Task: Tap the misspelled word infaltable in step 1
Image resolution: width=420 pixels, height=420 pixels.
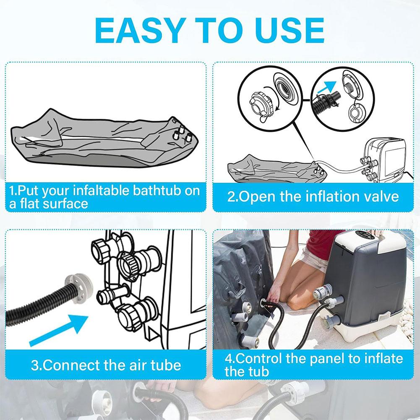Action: tap(103, 191)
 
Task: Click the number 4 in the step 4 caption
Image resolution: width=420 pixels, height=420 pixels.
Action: tap(229, 359)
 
